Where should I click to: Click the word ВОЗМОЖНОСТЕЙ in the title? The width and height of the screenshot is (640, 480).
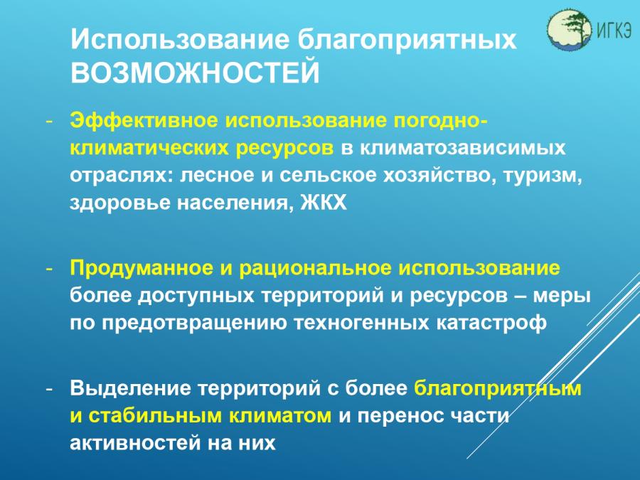pos(195,73)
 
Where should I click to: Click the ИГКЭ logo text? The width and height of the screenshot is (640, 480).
pos(614,29)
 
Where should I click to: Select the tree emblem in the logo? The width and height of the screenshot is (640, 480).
pos(570,29)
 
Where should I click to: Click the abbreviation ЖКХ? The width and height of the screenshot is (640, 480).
pos(324,202)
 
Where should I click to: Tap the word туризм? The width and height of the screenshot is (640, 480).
pos(543,176)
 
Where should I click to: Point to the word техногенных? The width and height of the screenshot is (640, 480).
pos(362,323)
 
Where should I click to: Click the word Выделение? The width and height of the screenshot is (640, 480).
pos(130,388)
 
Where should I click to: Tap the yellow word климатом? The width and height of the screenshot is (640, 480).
pos(280,416)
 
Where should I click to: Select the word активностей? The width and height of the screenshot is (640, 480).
pos(136,443)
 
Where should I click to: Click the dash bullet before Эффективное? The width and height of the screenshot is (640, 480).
pos(49,122)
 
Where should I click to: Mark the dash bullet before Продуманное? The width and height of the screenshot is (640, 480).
pos(49,270)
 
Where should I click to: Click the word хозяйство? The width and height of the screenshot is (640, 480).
pos(439,176)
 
